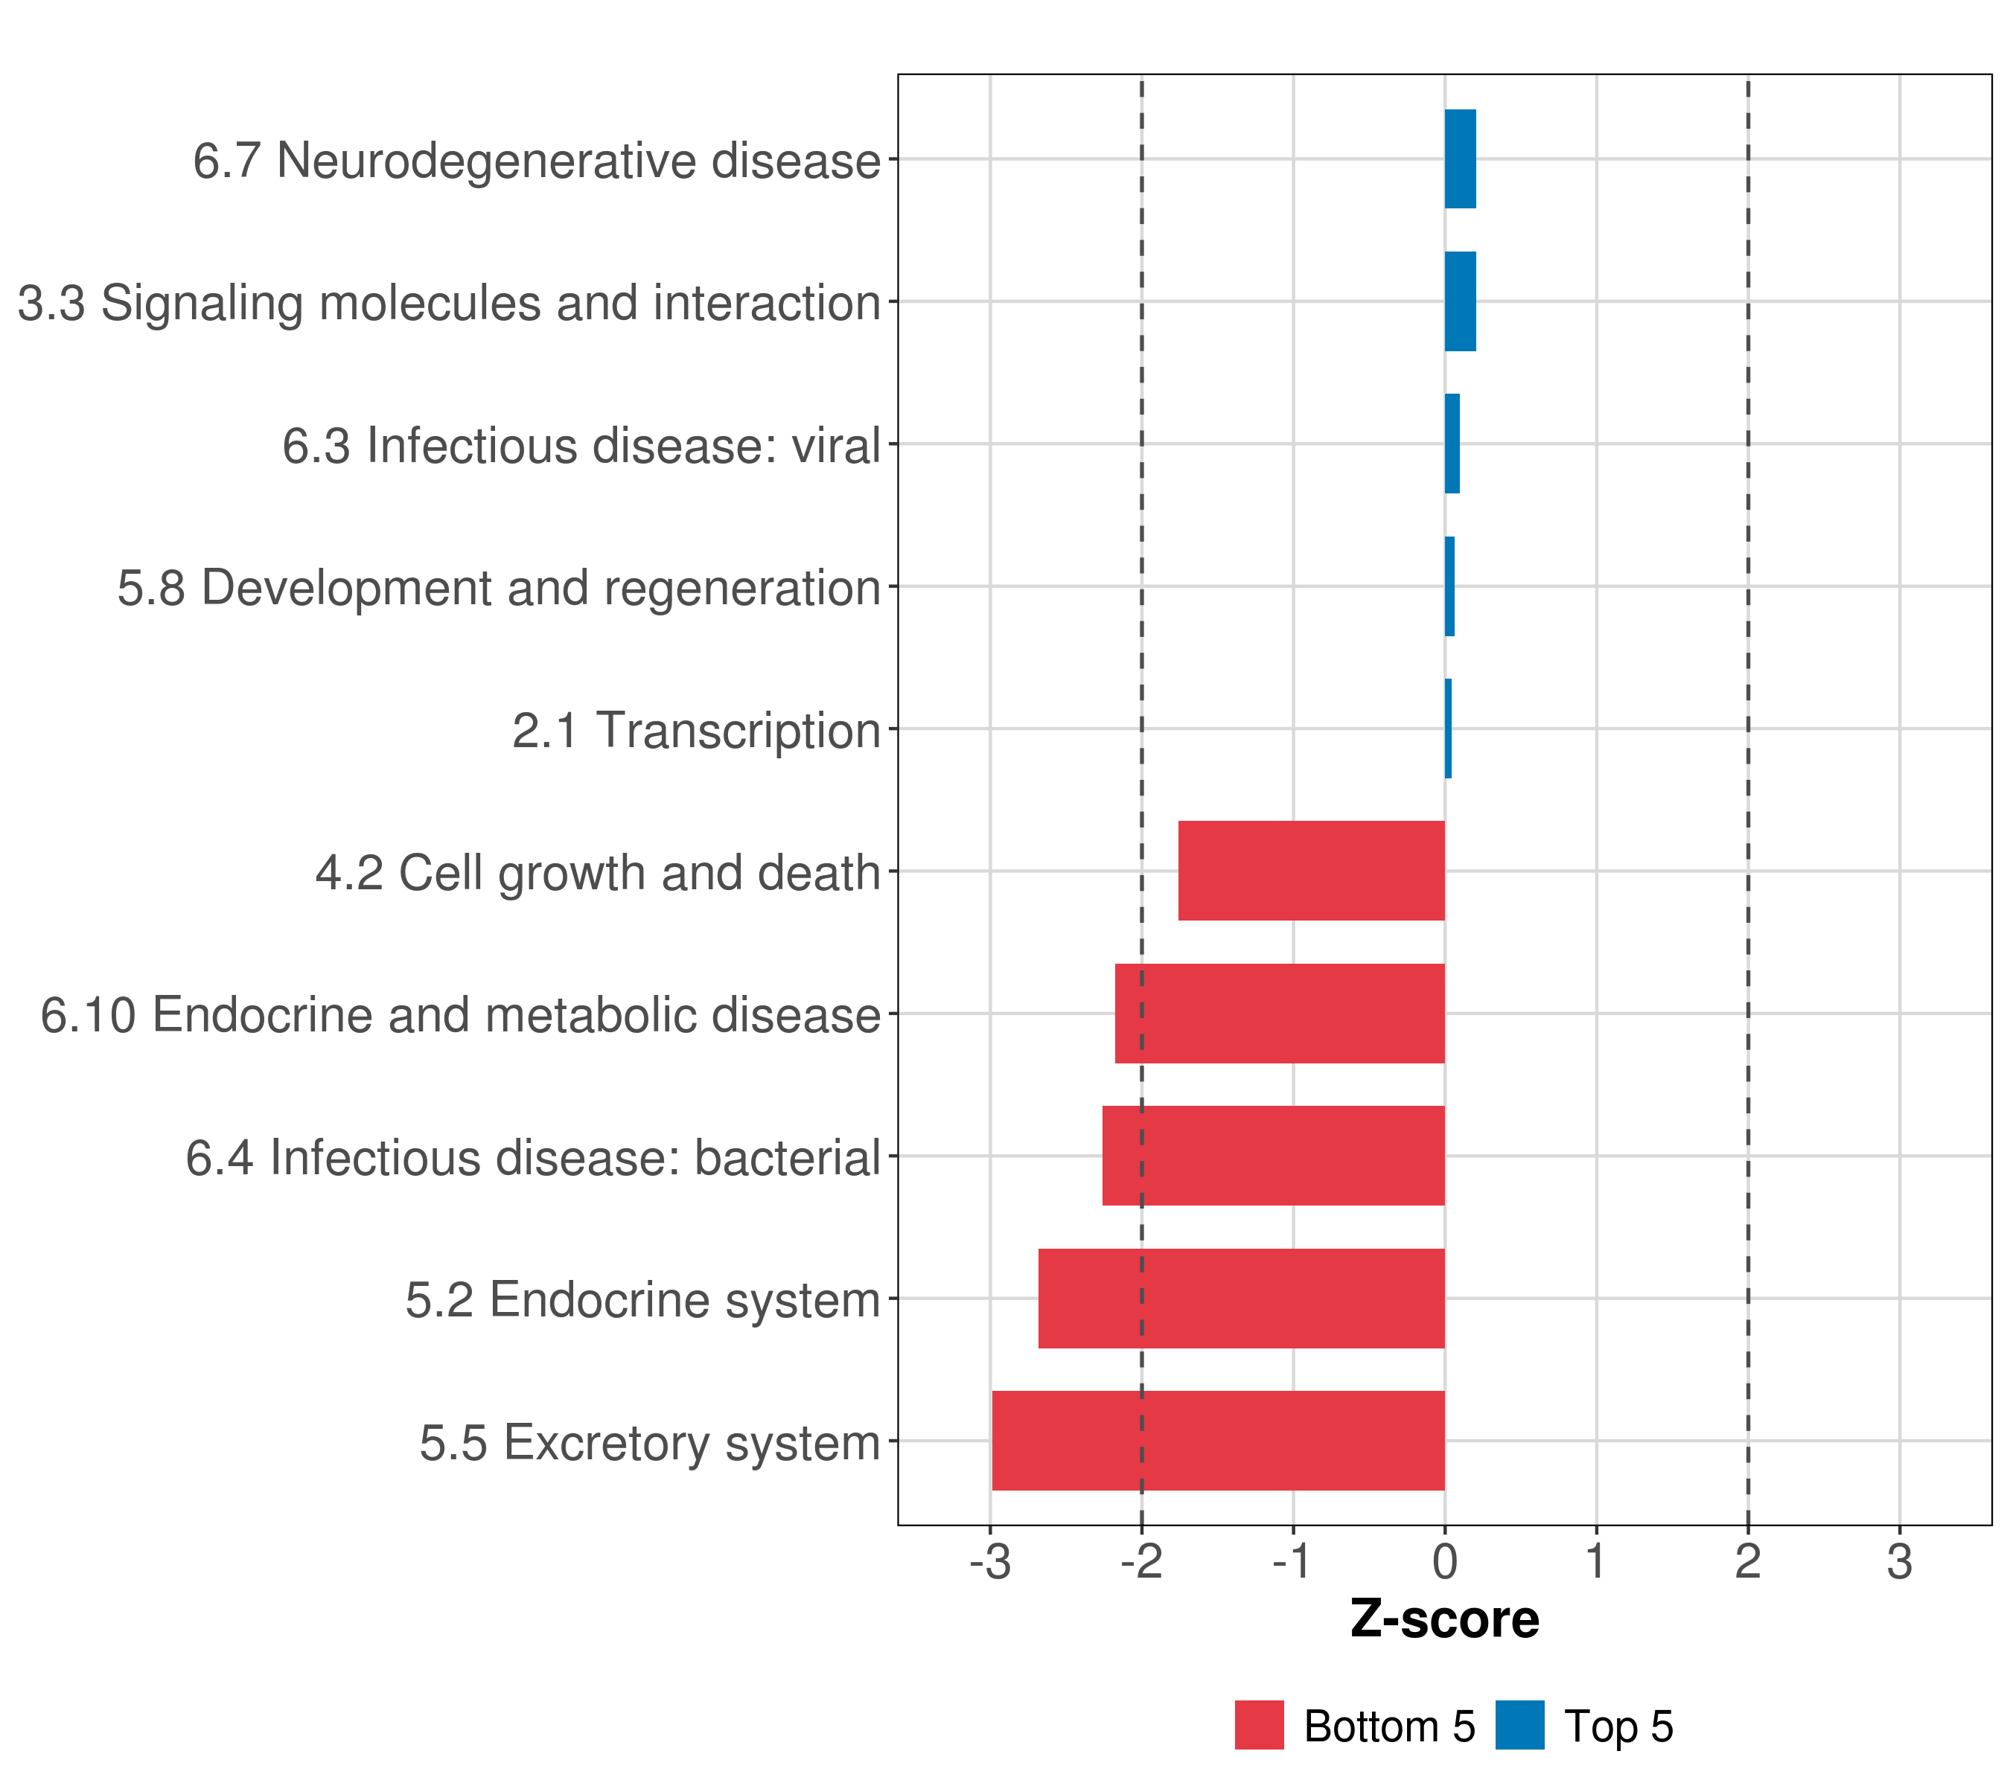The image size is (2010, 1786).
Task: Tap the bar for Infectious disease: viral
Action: (1452, 444)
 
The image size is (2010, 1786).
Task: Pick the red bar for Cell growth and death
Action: (1311, 871)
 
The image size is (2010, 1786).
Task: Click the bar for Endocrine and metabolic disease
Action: (1280, 1014)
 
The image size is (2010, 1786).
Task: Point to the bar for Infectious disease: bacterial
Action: (1274, 1156)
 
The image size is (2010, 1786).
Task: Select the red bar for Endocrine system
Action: (1241, 1299)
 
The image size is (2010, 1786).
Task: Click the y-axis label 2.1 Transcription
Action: (695, 730)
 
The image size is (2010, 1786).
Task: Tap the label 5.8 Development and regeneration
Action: (499, 588)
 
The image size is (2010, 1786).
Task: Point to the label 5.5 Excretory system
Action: (649, 1443)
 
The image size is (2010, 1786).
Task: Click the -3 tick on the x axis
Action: (989, 1562)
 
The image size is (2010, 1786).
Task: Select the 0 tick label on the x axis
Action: (1444, 1562)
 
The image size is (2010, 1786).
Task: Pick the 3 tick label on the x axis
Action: (1899, 1562)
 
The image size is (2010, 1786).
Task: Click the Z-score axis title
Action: (1444, 1620)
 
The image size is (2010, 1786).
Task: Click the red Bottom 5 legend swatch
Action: (1259, 1725)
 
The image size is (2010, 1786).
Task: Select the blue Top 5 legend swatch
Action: (1519, 1725)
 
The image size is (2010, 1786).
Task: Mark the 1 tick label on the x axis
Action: (1596, 1562)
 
